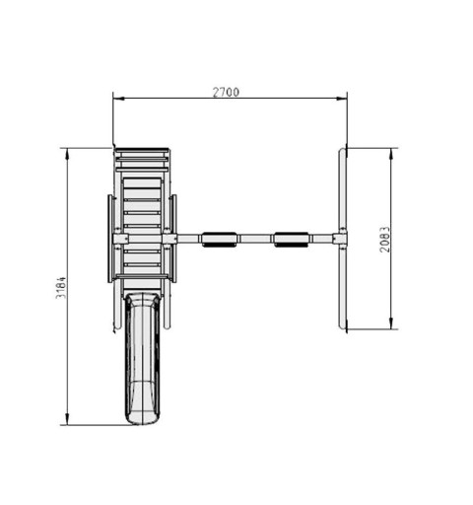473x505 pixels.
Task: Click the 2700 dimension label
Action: pyautogui.click(x=226, y=93)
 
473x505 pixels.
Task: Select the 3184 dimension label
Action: pyautogui.click(x=61, y=288)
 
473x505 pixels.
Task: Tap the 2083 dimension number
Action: pyautogui.click(x=385, y=240)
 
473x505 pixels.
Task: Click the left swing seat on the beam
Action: pyautogui.click(x=219, y=240)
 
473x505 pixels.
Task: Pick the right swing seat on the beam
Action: pyautogui.click(x=291, y=240)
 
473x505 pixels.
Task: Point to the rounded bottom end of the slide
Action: pyautogui.click(x=143, y=418)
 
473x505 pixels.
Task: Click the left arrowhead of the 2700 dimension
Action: pyautogui.click(x=118, y=98)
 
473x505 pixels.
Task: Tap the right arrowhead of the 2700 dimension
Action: pyautogui.click(x=342, y=98)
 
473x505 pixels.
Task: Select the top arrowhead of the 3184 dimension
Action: pyautogui.click(x=67, y=154)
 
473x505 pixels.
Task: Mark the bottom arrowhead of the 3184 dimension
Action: pyautogui.click(x=67, y=419)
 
